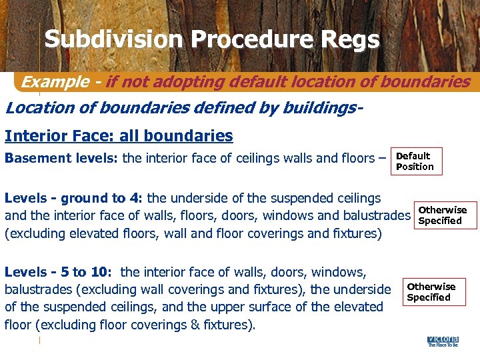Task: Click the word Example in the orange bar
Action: pyautogui.click(x=55, y=82)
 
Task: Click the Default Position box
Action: pyautogui.click(x=415, y=161)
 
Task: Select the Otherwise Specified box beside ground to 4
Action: pyautogui.click(x=443, y=215)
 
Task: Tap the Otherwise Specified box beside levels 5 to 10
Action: pyautogui.click(x=431, y=292)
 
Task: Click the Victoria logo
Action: pyautogui.click(x=443, y=341)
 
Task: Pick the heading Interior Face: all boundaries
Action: pyautogui.click(x=119, y=136)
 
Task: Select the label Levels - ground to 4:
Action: pyautogui.click(x=74, y=198)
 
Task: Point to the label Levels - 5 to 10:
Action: pyautogui.click(x=59, y=272)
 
